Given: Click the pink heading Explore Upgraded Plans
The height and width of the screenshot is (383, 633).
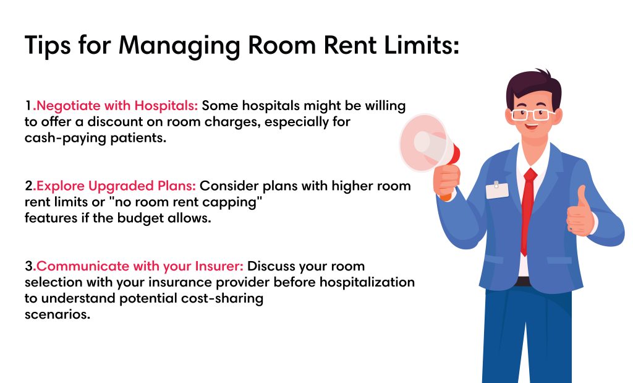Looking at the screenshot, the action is pyautogui.click(x=116, y=186).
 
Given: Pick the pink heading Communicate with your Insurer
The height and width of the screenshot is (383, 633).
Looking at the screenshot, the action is pyautogui.click(x=140, y=266).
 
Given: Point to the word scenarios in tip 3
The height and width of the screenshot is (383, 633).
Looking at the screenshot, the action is pyautogui.click(x=57, y=314).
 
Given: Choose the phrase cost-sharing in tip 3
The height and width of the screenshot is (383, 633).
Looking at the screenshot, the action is pyautogui.click(x=222, y=299).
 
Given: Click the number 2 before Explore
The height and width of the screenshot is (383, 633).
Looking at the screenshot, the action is pyautogui.click(x=29, y=186).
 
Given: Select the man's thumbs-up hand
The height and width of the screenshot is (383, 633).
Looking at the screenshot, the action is pyautogui.click(x=580, y=213).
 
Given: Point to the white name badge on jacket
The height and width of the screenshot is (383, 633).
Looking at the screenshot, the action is pyautogui.click(x=497, y=190).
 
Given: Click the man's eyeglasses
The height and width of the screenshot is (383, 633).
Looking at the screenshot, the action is pyautogui.click(x=533, y=114).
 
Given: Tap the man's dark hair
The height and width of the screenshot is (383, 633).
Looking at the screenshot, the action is pyautogui.click(x=533, y=87).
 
